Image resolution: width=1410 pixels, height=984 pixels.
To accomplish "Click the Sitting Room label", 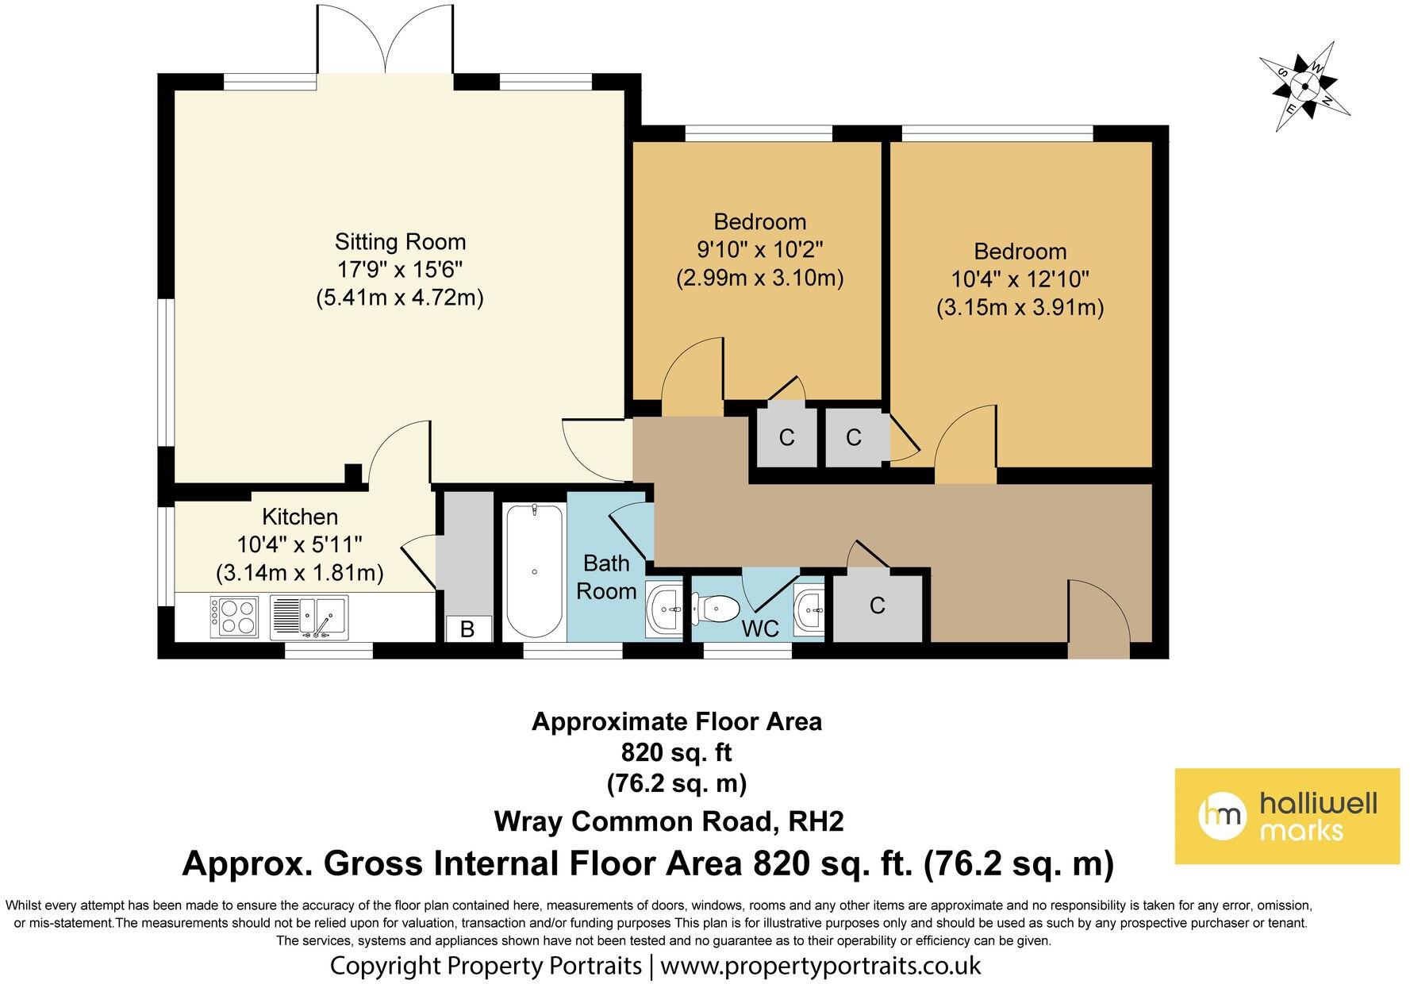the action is coord(400,241).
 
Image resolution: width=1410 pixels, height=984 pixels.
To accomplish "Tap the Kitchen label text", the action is coord(300,517).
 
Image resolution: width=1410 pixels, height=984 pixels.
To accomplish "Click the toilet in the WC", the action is coord(716,609).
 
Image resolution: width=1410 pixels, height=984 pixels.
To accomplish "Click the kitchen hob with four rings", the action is coord(234,615).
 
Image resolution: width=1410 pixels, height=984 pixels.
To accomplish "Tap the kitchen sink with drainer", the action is coord(309,617).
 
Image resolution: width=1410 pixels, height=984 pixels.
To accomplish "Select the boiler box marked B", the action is coord(467,628).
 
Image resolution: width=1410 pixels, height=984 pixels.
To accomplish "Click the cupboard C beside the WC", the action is coord(877,605).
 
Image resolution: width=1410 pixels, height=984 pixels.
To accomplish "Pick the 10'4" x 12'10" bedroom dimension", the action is coord(1020,279).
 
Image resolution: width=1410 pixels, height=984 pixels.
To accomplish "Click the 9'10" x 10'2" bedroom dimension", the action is coord(759,250).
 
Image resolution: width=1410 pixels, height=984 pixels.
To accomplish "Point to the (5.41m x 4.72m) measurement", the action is coord(400,298).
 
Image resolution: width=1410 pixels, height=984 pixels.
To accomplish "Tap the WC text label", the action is coord(760,628).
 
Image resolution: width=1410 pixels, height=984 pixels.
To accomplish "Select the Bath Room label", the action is coord(606,577).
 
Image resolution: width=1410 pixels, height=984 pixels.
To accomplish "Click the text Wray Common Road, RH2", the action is coord(669,821).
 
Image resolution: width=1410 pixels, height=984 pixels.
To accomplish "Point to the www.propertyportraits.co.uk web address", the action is coord(820,966).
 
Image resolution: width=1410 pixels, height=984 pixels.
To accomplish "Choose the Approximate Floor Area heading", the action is coord(677,721).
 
